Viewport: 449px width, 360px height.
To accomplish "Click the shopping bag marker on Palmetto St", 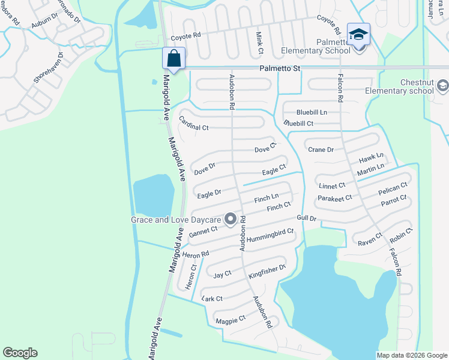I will (x=173, y=59).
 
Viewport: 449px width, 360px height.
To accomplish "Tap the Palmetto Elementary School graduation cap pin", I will (x=358, y=35).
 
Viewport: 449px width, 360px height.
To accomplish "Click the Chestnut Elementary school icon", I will (x=442, y=86).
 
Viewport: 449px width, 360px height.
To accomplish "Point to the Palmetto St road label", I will (x=280, y=70).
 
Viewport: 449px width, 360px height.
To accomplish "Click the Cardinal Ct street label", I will (x=193, y=124).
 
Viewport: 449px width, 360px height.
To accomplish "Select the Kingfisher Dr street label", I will (x=267, y=272).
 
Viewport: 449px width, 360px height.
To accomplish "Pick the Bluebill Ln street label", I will (x=312, y=112).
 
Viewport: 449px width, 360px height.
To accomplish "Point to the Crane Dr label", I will (x=320, y=149).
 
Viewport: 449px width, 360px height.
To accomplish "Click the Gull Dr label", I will (x=306, y=218).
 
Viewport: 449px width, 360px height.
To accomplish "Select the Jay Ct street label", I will (x=223, y=275).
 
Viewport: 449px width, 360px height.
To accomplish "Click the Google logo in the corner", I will (x=20, y=352).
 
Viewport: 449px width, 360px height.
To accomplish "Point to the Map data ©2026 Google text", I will (x=411, y=355).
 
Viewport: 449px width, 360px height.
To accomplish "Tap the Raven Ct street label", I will (x=370, y=239).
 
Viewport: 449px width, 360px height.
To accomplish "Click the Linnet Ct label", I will (x=332, y=186).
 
